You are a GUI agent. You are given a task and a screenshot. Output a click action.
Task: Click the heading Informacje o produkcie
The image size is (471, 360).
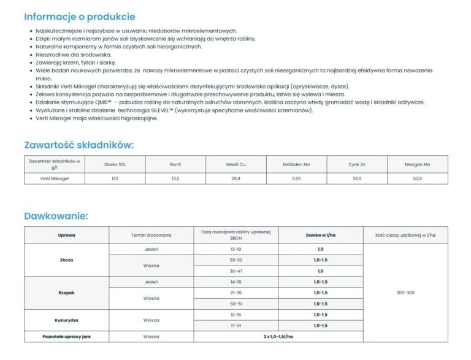click(80, 17)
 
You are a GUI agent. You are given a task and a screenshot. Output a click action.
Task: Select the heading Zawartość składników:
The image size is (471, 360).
click(78, 145)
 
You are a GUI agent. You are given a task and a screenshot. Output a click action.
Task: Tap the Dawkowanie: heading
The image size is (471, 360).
click(56, 216)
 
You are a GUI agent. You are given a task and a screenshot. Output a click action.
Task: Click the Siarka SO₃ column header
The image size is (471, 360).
click(115, 164)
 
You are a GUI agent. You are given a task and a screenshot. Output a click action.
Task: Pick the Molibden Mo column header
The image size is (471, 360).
click(297, 164)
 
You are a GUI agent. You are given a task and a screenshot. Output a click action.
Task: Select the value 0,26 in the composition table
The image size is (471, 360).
click(297, 178)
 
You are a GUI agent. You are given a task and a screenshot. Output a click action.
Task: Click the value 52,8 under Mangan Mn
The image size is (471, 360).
click(418, 178)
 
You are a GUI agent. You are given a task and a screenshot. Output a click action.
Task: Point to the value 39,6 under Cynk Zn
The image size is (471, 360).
click(357, 178)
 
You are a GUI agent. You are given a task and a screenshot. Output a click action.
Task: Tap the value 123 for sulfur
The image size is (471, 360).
click(115, 178)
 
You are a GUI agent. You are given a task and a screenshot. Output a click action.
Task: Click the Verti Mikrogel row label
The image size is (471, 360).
click(54, 178)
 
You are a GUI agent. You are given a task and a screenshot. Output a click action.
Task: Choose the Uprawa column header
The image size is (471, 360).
click(66, 235)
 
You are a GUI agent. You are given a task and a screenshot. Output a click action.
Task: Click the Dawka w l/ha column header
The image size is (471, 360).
click(320, 235)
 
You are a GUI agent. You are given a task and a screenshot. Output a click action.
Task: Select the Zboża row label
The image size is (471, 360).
click(66, 260)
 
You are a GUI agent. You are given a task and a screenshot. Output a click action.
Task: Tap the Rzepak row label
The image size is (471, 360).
click(66, 293)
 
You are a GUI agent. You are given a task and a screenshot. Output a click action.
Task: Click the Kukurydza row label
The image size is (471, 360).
click(66, 320)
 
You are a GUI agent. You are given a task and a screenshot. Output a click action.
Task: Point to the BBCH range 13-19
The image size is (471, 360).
click(235, 250)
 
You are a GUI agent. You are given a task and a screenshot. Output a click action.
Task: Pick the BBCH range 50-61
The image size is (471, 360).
click(235, 304)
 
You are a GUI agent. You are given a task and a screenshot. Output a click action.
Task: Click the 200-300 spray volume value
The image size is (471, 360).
click(405, 293)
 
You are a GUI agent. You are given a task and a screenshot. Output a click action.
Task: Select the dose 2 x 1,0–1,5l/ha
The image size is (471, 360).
click(278, 337)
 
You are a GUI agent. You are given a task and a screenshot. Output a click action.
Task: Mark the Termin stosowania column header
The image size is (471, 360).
click(151, 235)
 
